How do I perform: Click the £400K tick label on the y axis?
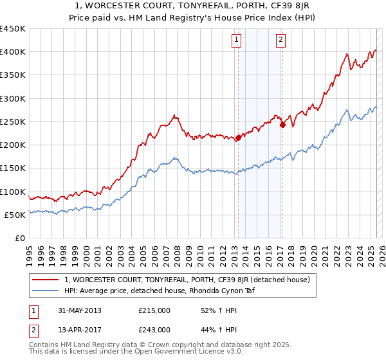(13, 52)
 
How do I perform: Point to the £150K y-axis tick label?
(13, 168)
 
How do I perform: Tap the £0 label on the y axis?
(20, 239)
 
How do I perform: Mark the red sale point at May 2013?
(238, 138)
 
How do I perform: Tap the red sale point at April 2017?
(282, 125)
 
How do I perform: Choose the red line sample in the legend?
(46, 280)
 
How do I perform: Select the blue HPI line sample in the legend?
(46, 291)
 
